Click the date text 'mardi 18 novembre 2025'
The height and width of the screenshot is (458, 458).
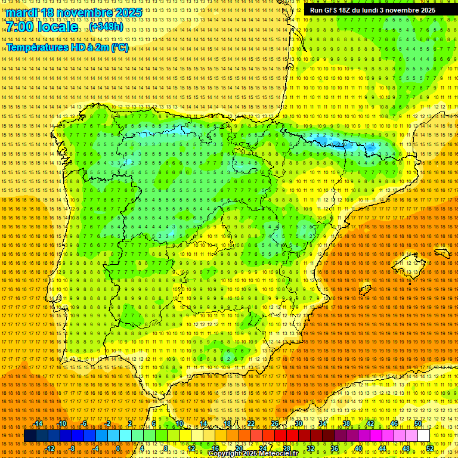click(x=75, y=13)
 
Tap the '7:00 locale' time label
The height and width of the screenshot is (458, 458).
click(x=42, y=27)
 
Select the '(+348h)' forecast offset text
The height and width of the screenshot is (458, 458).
click(x=106, y=27)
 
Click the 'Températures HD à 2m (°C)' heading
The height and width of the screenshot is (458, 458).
click(x=67, y=48)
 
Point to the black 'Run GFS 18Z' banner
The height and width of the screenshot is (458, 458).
click(x=372, y=10)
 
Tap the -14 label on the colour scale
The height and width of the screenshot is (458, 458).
click(x=39, y=423)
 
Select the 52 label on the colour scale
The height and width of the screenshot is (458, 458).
click(x=430, y=448)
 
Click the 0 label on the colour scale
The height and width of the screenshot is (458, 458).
click(x=118, y=448)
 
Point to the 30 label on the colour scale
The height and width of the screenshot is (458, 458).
click(x=298, y=423)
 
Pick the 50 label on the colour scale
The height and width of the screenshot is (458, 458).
click(x=418, y=423)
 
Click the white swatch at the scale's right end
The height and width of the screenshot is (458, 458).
click(x=424, y=436)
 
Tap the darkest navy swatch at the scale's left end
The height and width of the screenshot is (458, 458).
click(x=29, y=436)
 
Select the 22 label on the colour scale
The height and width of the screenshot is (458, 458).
click(x=250, y=423)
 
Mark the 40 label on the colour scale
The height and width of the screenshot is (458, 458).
click(x=358, y=448)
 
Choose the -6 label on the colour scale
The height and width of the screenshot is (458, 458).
click(x=84, y=423)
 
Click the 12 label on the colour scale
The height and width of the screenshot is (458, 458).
click(x=191, y=448)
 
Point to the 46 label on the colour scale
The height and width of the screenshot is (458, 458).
click(x=394, y=423)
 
